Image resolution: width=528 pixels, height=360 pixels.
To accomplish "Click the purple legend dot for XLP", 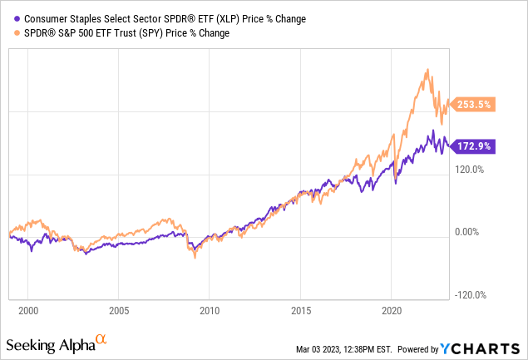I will tap(9, 18).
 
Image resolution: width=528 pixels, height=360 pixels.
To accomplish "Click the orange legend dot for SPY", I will tap(9, 32).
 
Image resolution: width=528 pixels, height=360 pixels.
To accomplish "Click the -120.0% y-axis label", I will tap(470, 295).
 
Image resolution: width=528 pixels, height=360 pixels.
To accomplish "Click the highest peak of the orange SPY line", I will tap(427, 69).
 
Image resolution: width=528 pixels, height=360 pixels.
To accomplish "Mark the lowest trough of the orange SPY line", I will tap(195, 259).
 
